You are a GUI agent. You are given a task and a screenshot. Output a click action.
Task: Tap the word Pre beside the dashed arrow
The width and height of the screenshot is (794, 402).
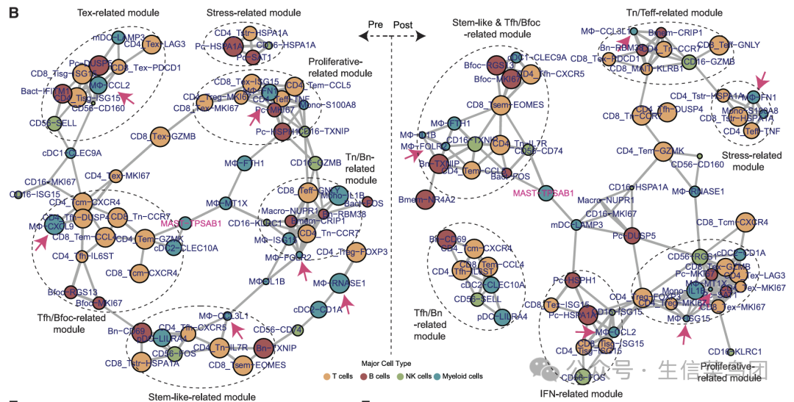(376, 24)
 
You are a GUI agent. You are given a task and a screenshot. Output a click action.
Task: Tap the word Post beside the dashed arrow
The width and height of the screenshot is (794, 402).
(403, 24)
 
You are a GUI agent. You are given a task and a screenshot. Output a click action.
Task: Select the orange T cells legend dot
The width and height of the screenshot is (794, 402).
(328, 376)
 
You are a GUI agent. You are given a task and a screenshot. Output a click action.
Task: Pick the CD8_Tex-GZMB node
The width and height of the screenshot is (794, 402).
(162, 136)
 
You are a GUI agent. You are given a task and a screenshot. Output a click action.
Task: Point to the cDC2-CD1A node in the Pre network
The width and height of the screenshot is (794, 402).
(318, 309)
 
